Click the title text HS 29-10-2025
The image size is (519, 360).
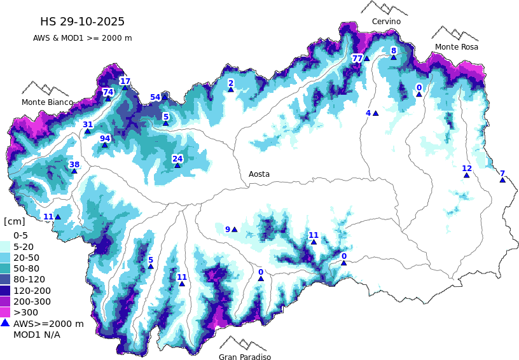click(x=82, y=22)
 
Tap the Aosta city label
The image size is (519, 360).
click(x=259, y=174)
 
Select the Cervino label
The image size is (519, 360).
click(x=386, y=22)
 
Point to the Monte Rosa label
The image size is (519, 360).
click(x=456, y=47)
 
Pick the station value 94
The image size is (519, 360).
click(x=105, y=138)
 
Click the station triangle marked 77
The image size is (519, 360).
click(x=367, y=59)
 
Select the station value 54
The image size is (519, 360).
click(x=155, y=97)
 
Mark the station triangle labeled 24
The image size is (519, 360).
click(x=177, y=165)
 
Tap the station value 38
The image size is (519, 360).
click(x=74, y=164)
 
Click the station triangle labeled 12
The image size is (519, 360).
click(x=467, y=175)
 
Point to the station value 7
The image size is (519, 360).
click(x=502, y=173)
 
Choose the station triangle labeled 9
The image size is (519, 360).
click(x=235, y=230)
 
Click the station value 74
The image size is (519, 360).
click(x=108, y=92)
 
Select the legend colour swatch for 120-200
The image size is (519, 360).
click(x=6, y=290)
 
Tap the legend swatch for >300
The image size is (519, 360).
click(x=6, y=312)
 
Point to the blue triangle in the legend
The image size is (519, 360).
click(x=6, y=323)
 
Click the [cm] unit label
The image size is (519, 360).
click(x=14, y=221)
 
